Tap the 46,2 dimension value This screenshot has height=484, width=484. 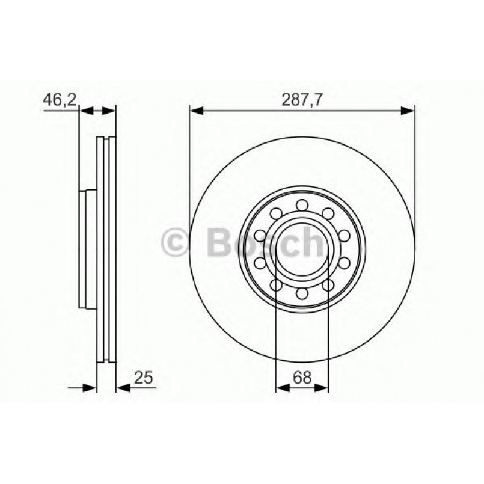pyautogui.click(x=59, y=100)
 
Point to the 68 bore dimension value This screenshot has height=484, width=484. pyautogui.click(x=303, y=378)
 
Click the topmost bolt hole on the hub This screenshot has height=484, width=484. pyautogui.click(x=302, y=204)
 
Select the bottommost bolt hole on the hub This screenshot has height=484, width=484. pyautogui.click(x=302, y=293)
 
